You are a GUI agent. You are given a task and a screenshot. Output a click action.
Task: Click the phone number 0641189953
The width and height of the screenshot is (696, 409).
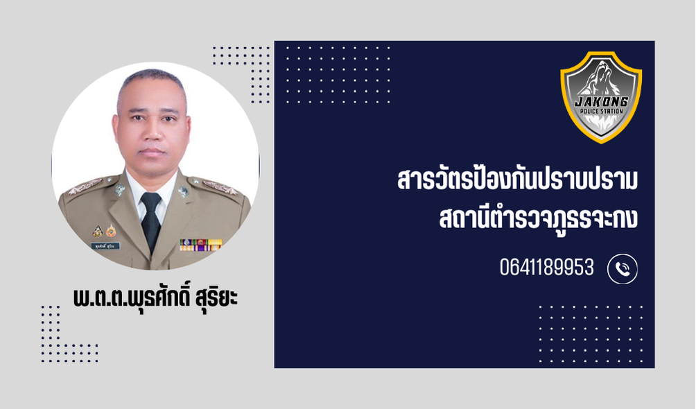(546, 268)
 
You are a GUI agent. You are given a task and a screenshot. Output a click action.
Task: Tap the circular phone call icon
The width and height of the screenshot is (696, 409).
(623, 269)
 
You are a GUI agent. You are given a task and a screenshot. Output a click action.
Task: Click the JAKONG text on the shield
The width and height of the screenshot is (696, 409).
(602, 102)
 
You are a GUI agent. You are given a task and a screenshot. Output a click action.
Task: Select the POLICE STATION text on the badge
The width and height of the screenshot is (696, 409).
(602, 111)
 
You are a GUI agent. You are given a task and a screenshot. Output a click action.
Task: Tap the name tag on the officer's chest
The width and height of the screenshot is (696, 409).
(105, 245)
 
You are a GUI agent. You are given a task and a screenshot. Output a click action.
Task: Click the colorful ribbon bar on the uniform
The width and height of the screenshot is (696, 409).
(200, 245)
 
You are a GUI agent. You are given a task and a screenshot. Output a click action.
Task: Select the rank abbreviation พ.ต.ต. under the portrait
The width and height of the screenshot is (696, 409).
(98, 297)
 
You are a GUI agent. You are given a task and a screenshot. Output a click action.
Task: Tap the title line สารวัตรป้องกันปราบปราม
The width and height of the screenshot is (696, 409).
(518, 179)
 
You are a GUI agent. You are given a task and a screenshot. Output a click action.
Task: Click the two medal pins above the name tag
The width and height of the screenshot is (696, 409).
(104, 230)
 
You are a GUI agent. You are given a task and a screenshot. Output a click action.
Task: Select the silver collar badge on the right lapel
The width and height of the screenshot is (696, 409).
(119, 190)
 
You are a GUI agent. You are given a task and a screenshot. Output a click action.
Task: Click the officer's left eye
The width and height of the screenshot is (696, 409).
(169, 119)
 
